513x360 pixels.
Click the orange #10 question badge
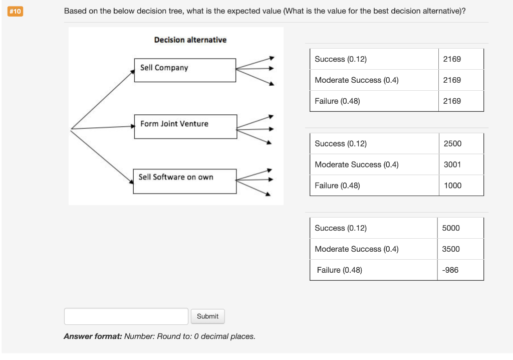pyautogui.click(x=16, y=11)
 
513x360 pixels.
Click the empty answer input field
pyautogui.click(x=126, y=316)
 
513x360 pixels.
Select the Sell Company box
pyautogui.click(x=185, y=70)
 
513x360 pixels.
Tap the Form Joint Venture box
pyautogui.click(x=185, y=126)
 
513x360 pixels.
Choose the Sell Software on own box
pyautogui.click(x=184, y=181)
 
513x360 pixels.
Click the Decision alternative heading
pyautogui.click(x=190, y=40)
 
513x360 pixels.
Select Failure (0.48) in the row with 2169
pyautogui.click(x=337, y=101)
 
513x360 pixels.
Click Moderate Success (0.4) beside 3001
pyautogui.click(x=356, y=164)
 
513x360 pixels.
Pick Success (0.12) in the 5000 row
pyautogui.click(x=341, y=228)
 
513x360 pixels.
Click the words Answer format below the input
pyautogui.click(x=93, y=336)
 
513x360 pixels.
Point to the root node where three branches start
pyautogui.click(x=72, y=128)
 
